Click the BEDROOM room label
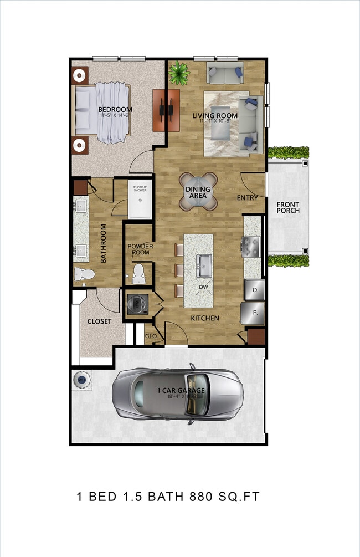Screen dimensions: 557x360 [115, 109]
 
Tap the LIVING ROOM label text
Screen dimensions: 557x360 [215, 116]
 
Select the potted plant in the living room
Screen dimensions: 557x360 [179, 72]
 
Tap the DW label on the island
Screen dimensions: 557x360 [204, 287]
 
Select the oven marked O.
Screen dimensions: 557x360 [255, 289]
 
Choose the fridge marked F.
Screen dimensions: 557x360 [255, 313]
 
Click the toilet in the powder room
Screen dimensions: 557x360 [139, 272]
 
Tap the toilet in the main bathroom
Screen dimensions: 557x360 [84, 274]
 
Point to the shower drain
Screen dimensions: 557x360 [139, 201]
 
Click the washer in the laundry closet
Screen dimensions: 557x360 [135, 304]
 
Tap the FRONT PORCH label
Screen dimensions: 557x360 [288, 207]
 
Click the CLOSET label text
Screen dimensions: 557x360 [99, 321]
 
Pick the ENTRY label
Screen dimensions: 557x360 [248, 197]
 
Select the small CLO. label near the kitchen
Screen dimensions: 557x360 [151, 336]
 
